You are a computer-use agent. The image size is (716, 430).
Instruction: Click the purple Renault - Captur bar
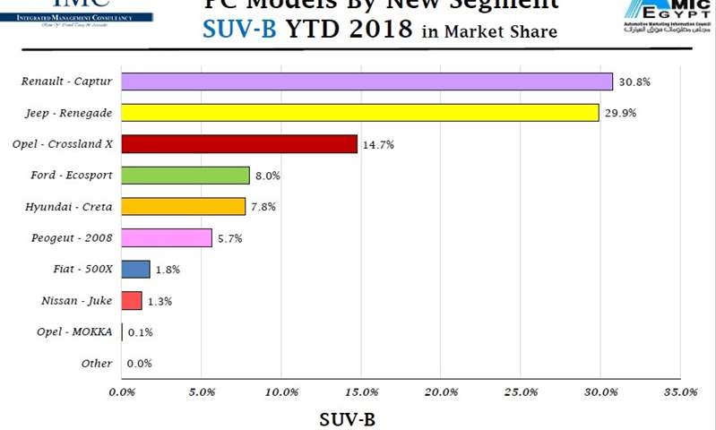367,82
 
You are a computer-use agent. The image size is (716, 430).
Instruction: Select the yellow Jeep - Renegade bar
359,113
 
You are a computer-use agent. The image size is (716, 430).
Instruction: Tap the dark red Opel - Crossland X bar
239,144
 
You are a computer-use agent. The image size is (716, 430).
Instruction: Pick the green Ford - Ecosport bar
185,176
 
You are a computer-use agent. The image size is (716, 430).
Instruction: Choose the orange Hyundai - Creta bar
183,207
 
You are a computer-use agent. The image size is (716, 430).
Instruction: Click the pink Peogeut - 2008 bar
167,238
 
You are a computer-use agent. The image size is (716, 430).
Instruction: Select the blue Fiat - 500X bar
135,270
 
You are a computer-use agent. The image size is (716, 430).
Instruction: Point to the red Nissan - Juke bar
132,301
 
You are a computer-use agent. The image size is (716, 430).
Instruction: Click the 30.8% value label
634,82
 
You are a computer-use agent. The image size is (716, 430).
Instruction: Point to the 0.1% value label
140,332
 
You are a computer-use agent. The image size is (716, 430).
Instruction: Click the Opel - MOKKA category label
77,331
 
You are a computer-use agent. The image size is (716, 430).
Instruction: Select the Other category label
96,363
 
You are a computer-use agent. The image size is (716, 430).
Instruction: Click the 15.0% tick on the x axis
360,392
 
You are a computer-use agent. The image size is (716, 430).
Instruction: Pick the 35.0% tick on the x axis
680,392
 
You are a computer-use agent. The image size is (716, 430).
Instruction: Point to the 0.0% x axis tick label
122,392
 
